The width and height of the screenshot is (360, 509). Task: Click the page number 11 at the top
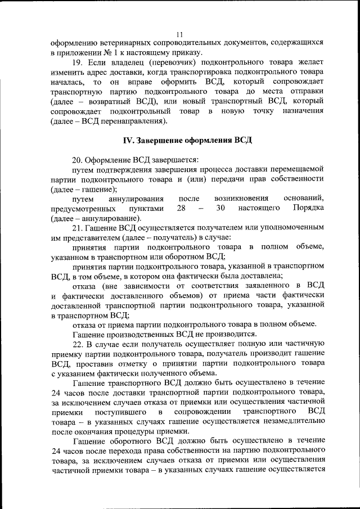click(179, 33)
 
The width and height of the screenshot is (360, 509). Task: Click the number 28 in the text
click(182, 208)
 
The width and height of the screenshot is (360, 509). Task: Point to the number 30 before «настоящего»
click(220, 208)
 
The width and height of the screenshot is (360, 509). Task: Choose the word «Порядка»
click(308, 208)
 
